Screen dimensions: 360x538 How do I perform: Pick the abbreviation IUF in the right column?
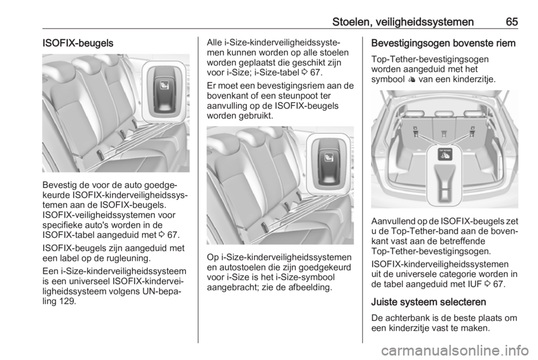coord(479,284)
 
